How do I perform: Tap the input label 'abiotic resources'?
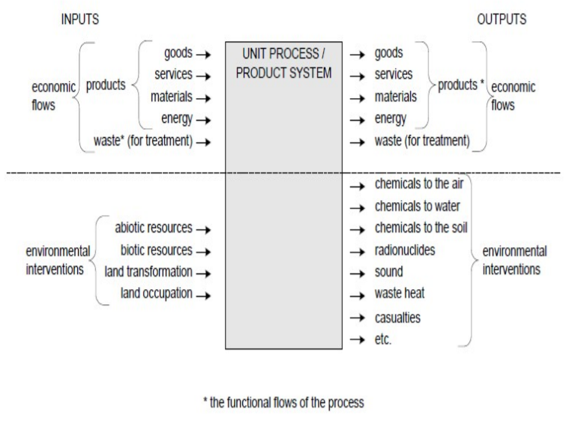[x=153, y=227]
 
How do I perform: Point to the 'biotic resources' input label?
[x=156, y=249]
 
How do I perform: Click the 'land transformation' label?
[x=150, y=272]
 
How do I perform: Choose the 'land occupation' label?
[x=156, y=294]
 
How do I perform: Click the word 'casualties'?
[x=397, y=318]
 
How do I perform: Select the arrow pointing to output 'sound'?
[x=358, y=273]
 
